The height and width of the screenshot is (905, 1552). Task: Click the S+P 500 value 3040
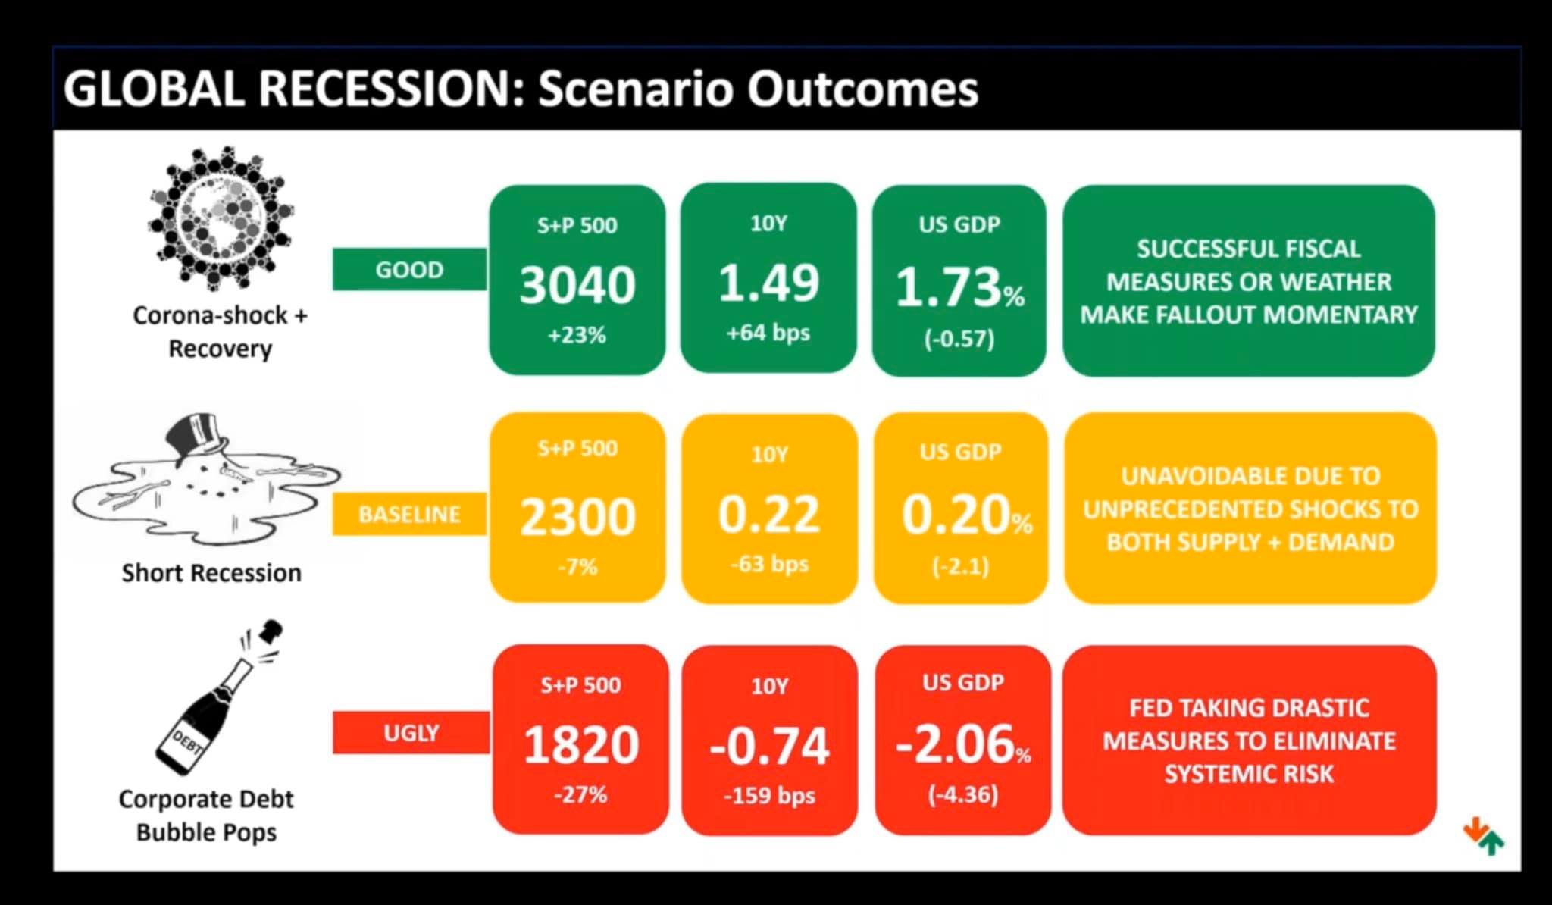(577, 285)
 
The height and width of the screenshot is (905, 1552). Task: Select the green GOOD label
(409, 269)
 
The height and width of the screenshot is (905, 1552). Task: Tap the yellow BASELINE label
(409, 514)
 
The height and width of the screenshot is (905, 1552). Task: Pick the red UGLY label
(411, 733)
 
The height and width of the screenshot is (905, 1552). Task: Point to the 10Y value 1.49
(768, 283)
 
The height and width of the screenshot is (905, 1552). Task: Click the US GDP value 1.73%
(959, 288)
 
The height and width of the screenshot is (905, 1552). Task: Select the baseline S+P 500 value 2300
(577, 518)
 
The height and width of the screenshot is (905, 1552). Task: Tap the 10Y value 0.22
(768, 515)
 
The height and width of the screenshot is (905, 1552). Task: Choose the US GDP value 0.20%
(966, 516)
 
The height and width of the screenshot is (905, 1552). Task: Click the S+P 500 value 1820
(581, 744)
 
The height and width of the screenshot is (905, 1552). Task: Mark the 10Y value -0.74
(769, 746)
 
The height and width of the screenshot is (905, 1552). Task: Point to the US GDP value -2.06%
(962, 744)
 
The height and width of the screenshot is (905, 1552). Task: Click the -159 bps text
(769, 796)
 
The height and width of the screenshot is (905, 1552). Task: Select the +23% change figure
(577, 335)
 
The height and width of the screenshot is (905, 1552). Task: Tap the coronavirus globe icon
(221, 218)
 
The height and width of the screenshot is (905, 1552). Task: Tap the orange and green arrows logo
(1483, 836)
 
